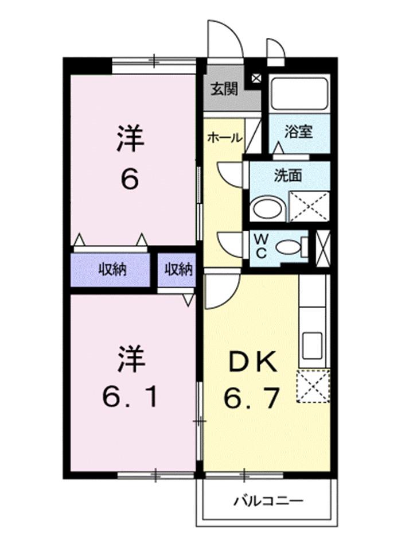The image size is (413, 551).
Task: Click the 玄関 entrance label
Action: point(224,90)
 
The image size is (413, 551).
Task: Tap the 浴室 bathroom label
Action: point(298,131)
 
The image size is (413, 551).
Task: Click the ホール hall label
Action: point(224,138)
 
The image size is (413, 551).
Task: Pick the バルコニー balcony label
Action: point(268,500)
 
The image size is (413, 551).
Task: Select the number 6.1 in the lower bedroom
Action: point(131,396)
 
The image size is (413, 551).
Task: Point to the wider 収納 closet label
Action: point(111,269)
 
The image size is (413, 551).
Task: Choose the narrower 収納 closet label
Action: point(178,269)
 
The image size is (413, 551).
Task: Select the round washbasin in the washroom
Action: point(267,208)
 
